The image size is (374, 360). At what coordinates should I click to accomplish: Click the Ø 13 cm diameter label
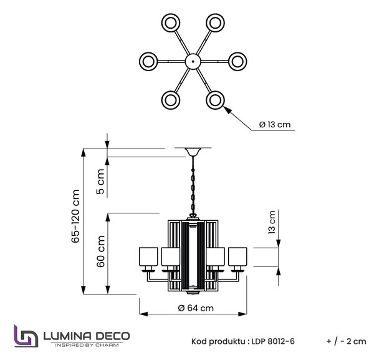275,125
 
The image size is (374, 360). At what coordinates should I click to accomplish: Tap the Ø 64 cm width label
196,308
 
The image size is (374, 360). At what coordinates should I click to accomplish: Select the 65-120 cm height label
75,216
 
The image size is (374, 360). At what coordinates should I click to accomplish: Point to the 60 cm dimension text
100,251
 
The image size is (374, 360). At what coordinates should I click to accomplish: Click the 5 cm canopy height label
100,182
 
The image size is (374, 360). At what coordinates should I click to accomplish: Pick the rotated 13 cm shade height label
272,222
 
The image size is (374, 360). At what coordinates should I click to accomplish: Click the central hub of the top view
193,61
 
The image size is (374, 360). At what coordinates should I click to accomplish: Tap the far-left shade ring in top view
148,61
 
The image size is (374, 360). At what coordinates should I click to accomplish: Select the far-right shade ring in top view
237,61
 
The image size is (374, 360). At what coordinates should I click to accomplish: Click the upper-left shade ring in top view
171,23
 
